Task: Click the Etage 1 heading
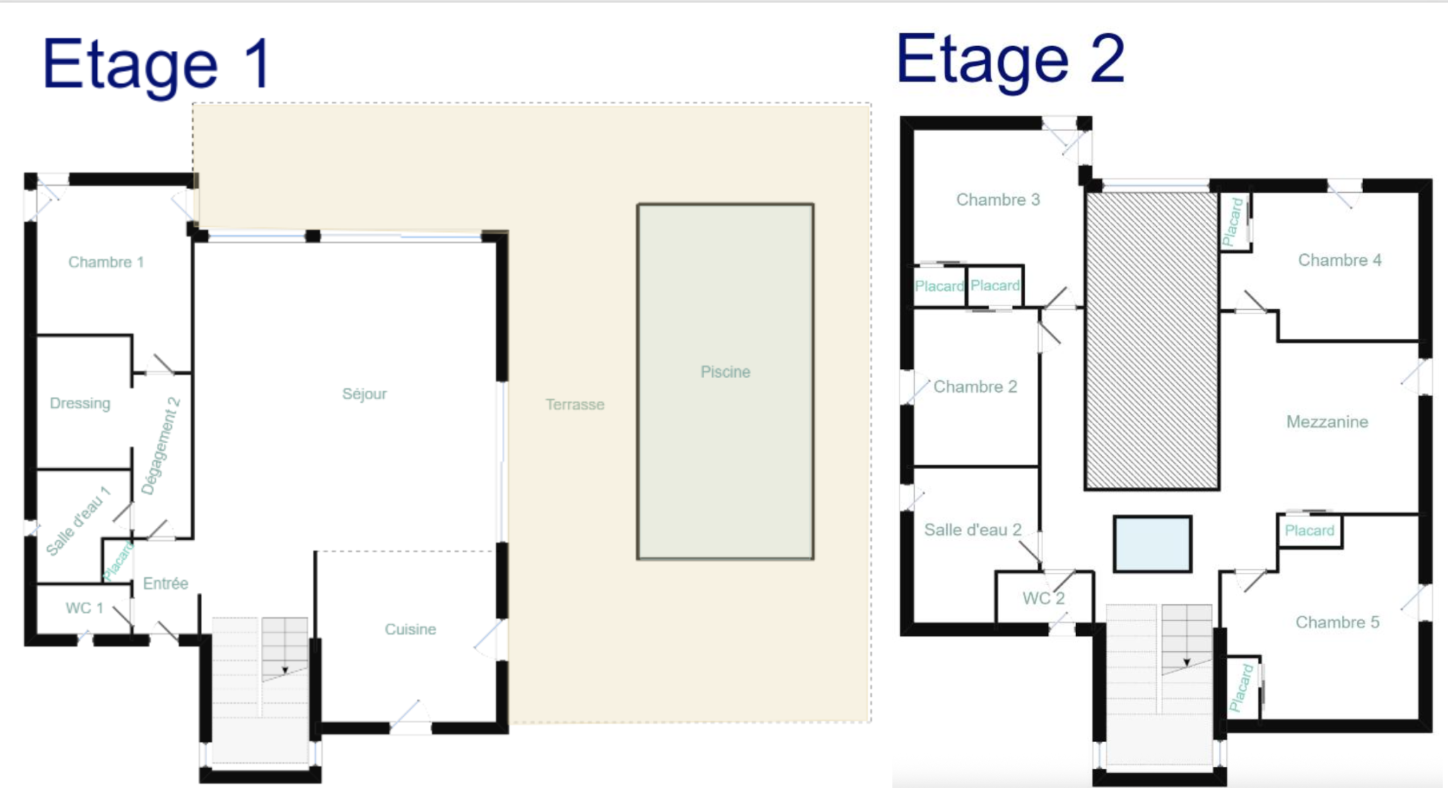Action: tap(157, 66)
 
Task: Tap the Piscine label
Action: tap(725, 372)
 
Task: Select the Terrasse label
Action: tap(575, 405)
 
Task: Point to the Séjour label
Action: tap(364, 394)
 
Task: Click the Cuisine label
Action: tap(410, 629)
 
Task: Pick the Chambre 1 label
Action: tap(106, 262)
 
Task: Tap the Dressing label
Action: tap(80, 403)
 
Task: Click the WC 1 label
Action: tap(84, 608)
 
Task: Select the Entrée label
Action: tap(165, 583)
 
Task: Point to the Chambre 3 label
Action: tap(998, 200)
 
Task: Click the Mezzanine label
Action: tap(1327, 422)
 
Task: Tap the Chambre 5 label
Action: tap(1337, 622)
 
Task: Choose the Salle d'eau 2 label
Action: tap(973, 530)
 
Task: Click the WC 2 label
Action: tap(1044, 599)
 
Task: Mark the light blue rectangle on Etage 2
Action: tap(1152, 543)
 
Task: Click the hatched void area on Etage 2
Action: tap(1152, 341)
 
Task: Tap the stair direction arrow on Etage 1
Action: tap(285, 670)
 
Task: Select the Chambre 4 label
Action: tap(1340, 260)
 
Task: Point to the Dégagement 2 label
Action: tap(160, 447)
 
